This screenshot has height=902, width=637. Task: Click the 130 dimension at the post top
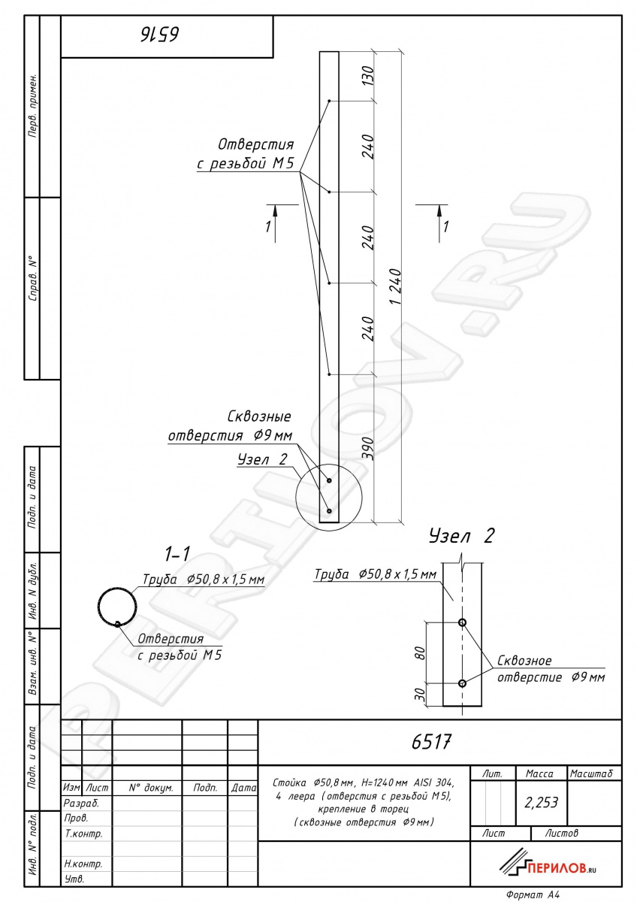tap(368, 75)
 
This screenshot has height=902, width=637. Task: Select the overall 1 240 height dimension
tap(396, 286)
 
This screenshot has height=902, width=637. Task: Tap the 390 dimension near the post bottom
tap(368, 449)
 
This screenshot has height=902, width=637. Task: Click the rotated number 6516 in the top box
tap(160, 35)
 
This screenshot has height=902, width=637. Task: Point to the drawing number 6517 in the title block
tap(431, 741)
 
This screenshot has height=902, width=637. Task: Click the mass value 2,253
tap(542, 803)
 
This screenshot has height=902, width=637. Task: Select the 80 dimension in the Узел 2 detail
tap(420, 652)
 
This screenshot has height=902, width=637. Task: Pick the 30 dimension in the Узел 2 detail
tap(420, 694)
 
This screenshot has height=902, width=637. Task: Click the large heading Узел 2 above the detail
tap(461, 536)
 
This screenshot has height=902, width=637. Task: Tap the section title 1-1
tap(177, 555)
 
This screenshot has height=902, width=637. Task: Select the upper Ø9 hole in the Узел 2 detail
tap(463, 622)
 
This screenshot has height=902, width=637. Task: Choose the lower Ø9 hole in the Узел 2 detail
tap(463, 683)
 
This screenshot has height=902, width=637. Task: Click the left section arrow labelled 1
tap(275, 223)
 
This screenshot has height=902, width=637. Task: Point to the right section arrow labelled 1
tap(439, 223)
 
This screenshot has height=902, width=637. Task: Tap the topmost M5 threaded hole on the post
tap(329, 101)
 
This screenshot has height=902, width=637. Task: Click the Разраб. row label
tap(81, 804)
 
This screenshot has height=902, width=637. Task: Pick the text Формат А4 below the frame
tap(533, 894)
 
